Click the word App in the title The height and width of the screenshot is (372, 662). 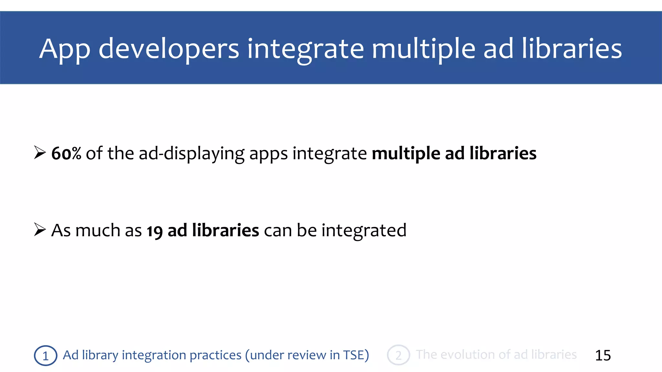point(65,49)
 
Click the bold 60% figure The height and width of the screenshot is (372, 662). point(66,153)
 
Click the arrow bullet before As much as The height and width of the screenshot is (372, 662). point(40,230)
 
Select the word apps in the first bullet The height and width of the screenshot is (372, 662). point(268,154)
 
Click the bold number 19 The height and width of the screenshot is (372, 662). point(155,231)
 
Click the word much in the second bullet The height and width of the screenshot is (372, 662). point(98,230)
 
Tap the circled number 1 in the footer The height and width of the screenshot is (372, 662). point(46,356)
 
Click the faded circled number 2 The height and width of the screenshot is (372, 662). point(398,355)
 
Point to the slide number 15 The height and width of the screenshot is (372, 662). point(603,356)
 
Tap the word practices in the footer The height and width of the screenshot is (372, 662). point(215,355)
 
